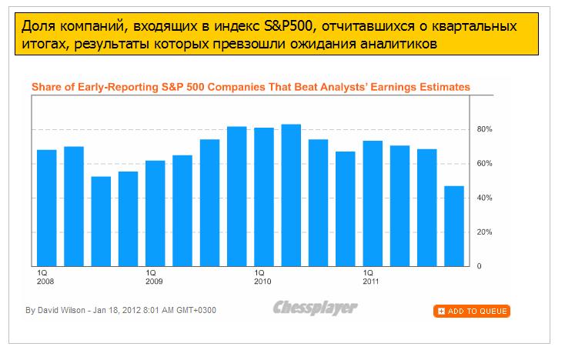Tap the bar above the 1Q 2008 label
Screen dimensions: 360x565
[x=46, y=207]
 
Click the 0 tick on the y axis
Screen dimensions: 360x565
[x=480, y=266]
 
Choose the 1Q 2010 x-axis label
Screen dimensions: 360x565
[x=262, y=277]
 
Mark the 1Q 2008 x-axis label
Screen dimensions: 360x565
[x=44, y=277]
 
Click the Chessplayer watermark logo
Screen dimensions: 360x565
[x=315, y=308]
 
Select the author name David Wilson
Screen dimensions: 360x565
[x=61, y=311]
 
